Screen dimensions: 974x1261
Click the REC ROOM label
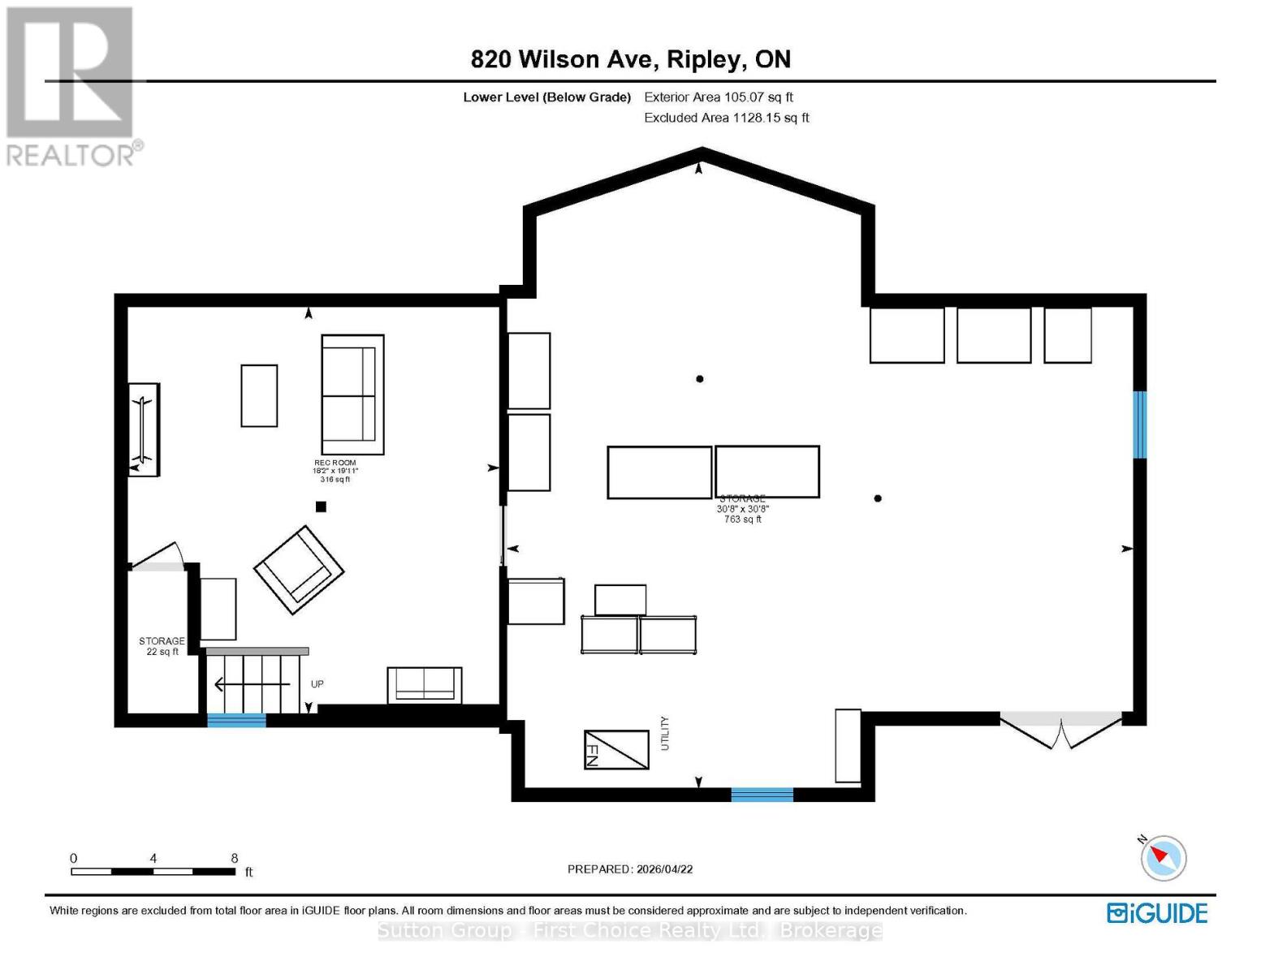(335, 463)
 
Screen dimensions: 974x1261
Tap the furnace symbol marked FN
(615, 749)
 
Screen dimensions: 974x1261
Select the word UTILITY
(665, 733)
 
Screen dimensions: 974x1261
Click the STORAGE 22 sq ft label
(162, 646)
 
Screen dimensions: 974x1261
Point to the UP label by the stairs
(317, 684)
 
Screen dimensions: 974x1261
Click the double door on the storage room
(1060, 730)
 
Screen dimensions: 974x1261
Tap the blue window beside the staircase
(236, 720)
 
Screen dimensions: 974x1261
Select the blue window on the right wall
(1139, 425)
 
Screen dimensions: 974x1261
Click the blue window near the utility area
(762, 795)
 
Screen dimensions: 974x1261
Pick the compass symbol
(1163, 858)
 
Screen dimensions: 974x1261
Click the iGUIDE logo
(1157, 913)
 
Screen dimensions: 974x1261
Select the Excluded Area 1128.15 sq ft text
(726, 118)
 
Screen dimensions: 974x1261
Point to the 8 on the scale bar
(234, 858)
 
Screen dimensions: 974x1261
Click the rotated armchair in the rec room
(298, 570)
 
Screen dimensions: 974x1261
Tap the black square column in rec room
(321, 506)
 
